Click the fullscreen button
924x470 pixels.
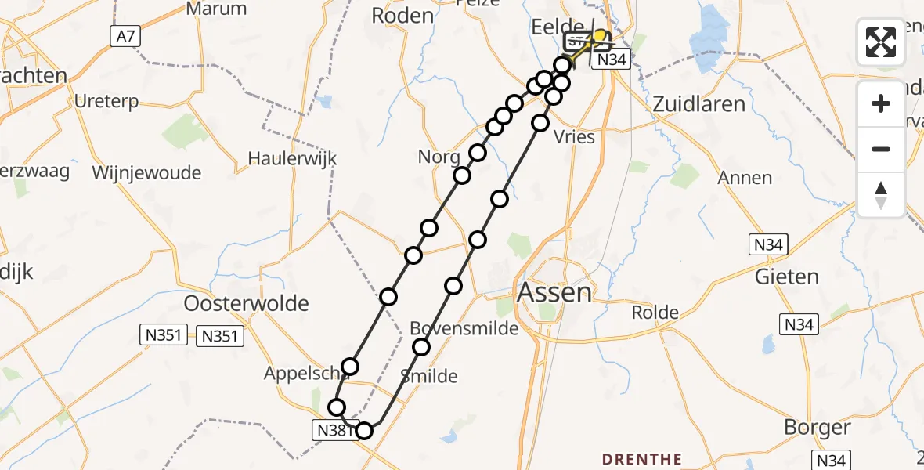coord(881,42)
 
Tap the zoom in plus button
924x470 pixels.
coord(881,103)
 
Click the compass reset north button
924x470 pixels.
coord(881,195)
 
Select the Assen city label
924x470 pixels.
coord(554,293)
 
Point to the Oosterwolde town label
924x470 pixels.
coord(246,303)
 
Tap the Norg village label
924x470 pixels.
coord(439,157)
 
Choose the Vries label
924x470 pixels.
coord(574,136)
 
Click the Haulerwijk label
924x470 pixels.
coord(292,158)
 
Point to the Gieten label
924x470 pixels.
coord(786,277)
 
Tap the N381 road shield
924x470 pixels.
coord(334,429)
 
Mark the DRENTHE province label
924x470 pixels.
coord(641,459)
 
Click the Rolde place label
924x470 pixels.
coord(655,313)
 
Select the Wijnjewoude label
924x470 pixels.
coord(146,172)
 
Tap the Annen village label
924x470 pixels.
coord(745,178)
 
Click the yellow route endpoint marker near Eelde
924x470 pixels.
coord(601,36)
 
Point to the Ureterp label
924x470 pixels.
coord(106,102)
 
